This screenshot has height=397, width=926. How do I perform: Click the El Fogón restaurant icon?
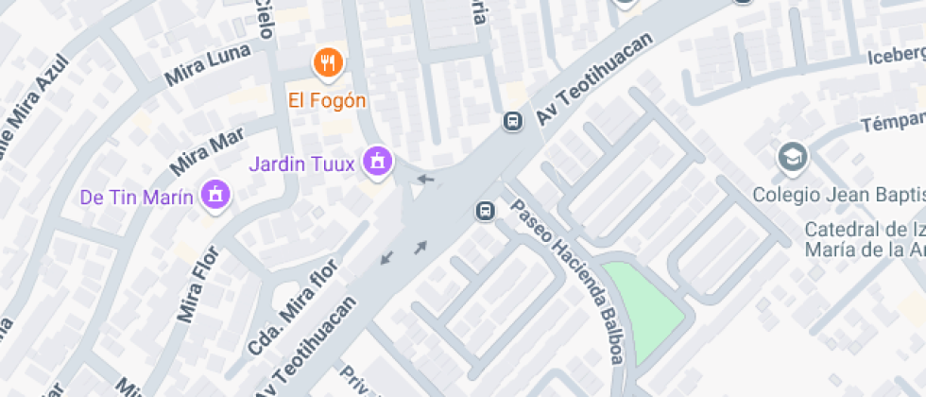[327, 63]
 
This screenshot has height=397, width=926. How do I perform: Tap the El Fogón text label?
[327, 100]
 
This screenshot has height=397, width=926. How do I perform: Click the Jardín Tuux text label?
[301, 164]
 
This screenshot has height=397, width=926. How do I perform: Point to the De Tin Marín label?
[137, 198]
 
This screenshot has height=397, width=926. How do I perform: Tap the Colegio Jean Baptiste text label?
[838, 196]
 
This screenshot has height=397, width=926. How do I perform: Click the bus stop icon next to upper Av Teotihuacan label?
[512, 121]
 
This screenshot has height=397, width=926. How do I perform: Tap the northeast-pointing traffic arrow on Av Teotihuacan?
[420, 248]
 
